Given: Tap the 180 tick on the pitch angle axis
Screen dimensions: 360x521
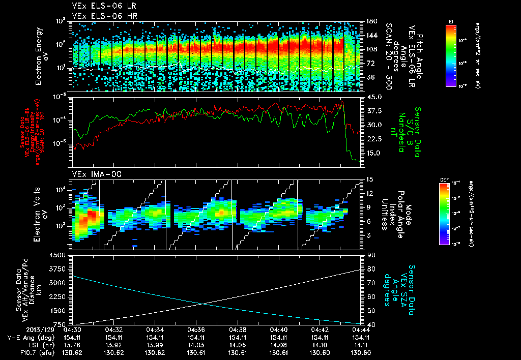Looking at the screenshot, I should pos(370,21).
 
